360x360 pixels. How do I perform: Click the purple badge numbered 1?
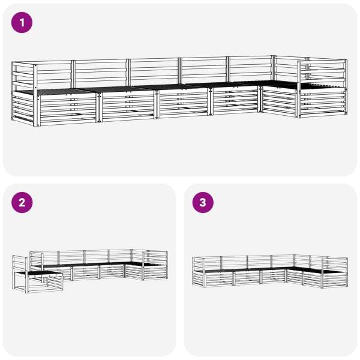coord(22,23)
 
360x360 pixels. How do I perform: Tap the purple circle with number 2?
coord(22,203)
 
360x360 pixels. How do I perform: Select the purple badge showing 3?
coord(203,203)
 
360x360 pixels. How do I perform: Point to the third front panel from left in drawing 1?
coord(184,103)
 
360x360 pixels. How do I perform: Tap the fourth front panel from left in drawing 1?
coord(235,100)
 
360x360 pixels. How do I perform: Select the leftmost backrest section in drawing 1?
coord(54,74)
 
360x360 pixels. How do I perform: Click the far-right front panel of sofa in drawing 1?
coord(323,103)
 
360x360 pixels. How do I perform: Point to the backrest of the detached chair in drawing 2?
coord(20,263)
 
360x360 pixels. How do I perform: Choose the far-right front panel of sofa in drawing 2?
coord(155,272)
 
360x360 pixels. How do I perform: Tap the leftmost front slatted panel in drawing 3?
coord(219,278)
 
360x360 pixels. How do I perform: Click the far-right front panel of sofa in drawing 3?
coord(335,279)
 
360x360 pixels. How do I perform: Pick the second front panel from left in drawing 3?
coord(247,277)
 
